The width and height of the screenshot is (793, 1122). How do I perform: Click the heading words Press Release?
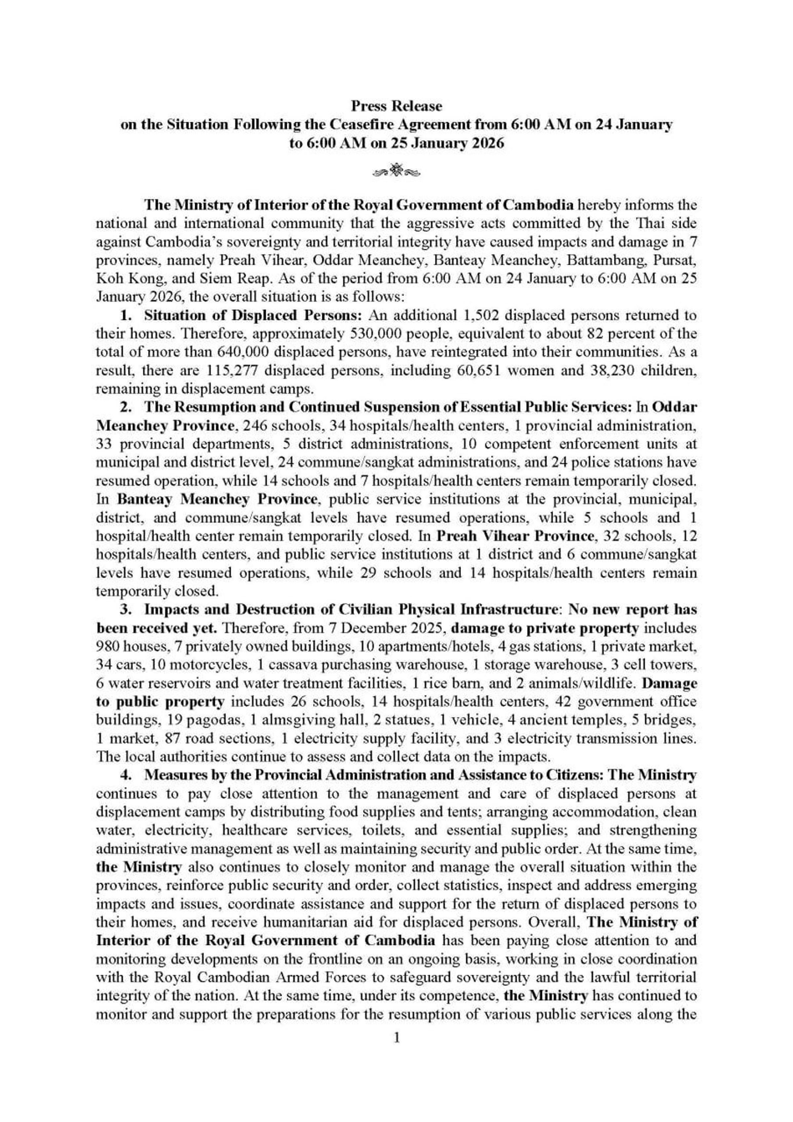pos(397,106)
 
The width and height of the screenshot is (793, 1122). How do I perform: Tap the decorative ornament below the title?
pos(397,171)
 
